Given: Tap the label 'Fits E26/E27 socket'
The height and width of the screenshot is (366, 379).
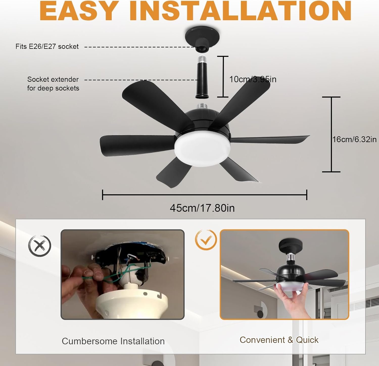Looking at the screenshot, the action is (47, 46).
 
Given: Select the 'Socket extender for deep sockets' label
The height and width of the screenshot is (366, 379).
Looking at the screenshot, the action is (53, 84).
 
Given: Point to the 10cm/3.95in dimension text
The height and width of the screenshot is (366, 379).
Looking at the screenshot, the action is (253, 79).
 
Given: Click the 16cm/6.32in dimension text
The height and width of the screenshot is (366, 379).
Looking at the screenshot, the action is (354, 139).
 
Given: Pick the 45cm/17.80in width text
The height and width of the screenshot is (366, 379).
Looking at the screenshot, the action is (202, 208).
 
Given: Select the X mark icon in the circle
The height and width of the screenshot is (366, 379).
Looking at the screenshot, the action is (40, 245).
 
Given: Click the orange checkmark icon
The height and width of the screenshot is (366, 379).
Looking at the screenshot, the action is (206, 240).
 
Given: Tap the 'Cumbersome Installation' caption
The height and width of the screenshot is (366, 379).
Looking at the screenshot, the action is (113, 341).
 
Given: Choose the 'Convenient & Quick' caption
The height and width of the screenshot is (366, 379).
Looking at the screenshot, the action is (279, 340).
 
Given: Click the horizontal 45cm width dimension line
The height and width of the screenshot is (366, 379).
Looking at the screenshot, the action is (205, 195).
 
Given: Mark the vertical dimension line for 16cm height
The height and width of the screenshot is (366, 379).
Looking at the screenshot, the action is (331, 134).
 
